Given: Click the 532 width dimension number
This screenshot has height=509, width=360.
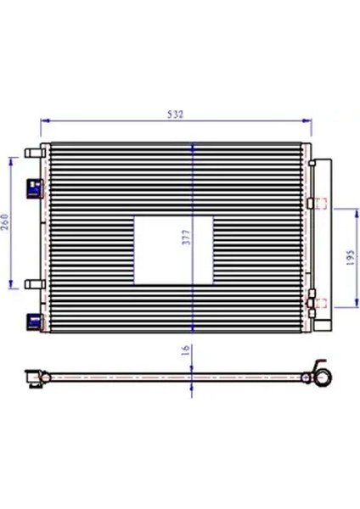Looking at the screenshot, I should click(175, 113).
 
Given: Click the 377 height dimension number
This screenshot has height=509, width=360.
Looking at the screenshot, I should click(185, 238).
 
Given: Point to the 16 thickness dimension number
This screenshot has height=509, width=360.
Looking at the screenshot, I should click(185, 350).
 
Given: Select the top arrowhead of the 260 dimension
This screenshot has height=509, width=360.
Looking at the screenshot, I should click(11, 158).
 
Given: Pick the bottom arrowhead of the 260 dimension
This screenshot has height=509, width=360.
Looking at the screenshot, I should click(11, 286).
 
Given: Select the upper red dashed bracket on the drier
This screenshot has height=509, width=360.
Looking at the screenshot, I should click(318, 202).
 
